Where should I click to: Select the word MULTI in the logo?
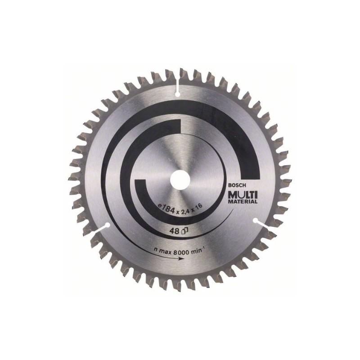[x=243, y=195]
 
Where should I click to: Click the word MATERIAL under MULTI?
[x=243, y=202]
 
